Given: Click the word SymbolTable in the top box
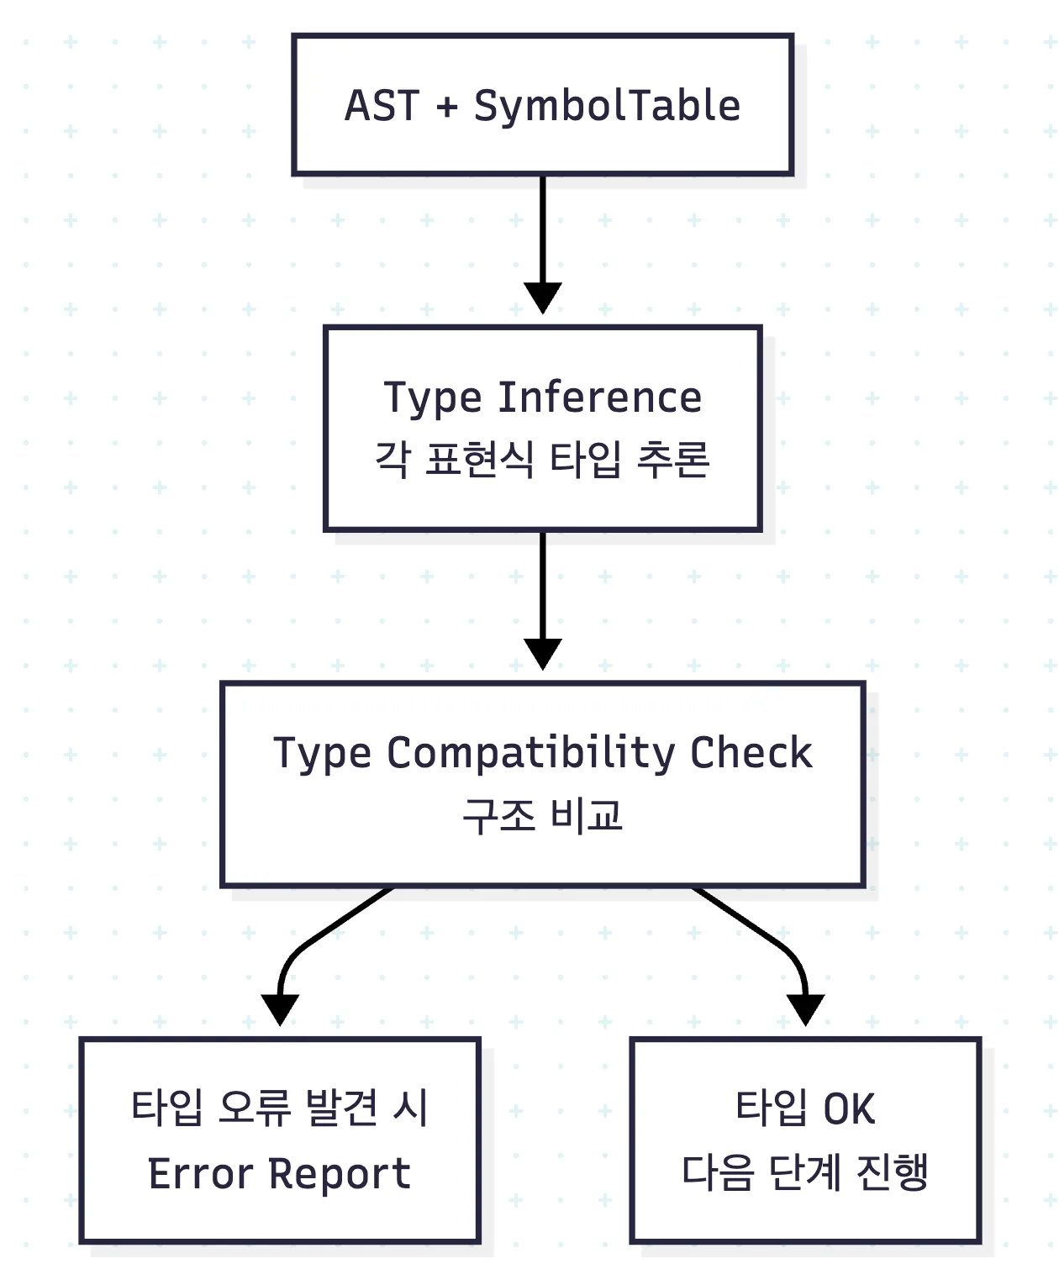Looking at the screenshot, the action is pos(607,107).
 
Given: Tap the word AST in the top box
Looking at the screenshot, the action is pos(382,106).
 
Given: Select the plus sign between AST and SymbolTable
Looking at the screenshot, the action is pos(447,107).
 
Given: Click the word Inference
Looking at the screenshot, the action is pos(600,398).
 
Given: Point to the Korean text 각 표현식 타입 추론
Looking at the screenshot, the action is pos(542,460).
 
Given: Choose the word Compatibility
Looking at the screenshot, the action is pos(530,754).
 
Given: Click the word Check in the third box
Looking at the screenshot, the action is pos(751,752).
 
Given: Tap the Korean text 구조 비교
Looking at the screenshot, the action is pos(542,816).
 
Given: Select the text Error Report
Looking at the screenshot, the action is pos(280,1173).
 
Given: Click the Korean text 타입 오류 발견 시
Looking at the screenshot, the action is pos(280,1108).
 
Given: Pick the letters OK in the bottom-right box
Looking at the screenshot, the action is pos(849,1108).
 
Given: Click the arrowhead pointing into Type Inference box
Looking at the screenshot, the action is pos(542,298).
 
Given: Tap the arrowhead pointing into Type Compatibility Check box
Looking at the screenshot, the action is pos(542,655).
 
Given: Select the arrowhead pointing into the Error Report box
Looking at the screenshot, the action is pos(280,1010).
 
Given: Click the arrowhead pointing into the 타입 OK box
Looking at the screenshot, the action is pos(805,1010).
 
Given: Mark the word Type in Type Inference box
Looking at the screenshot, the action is pos(433,398).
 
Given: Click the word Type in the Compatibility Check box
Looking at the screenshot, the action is pos(322,754).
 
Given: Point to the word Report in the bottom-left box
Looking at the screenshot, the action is pos(340,1174).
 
